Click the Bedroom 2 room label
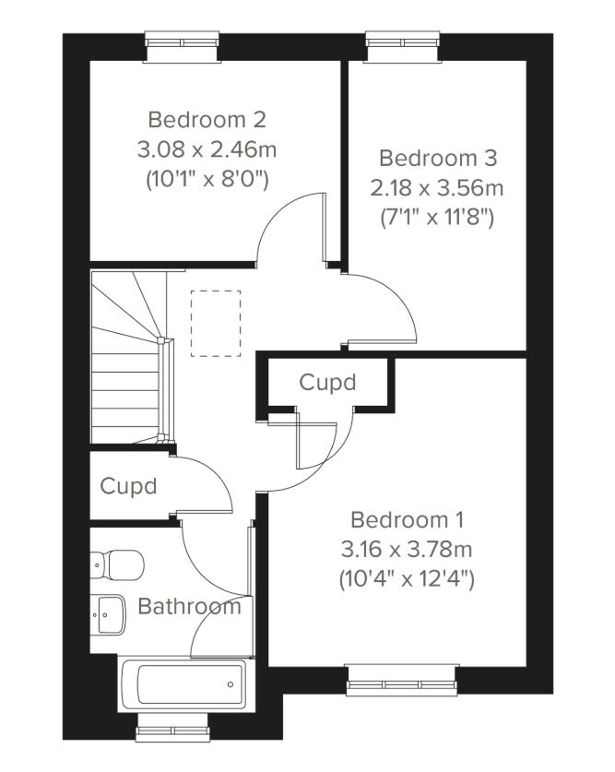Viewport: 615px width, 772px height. click(x=207, y=120)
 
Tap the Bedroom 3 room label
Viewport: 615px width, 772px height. click(x=437, y=157)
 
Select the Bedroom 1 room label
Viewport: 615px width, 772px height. click(x=407, y=518)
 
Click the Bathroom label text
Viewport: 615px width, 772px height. click(x=189, y=607)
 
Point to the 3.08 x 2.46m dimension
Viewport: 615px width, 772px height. click(x=207, y=149)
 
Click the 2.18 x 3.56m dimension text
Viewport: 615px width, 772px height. click(x=437, y=188)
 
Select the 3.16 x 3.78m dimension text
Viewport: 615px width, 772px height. click(x=407, y=550)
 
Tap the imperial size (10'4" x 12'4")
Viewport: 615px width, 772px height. click(x=407, y=580)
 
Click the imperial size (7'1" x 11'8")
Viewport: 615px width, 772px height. click(x=437, y=219)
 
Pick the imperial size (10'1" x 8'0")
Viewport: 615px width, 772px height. click(x=207, y=179)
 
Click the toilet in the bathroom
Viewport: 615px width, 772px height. click(x=117, y=562)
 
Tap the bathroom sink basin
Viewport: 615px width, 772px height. click(x=109, y=612)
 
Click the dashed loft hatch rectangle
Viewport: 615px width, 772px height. click(x=216, y=323)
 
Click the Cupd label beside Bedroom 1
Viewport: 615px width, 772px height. click(x=327, y=382)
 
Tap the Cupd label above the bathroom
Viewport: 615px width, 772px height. click(x=128, y=486)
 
